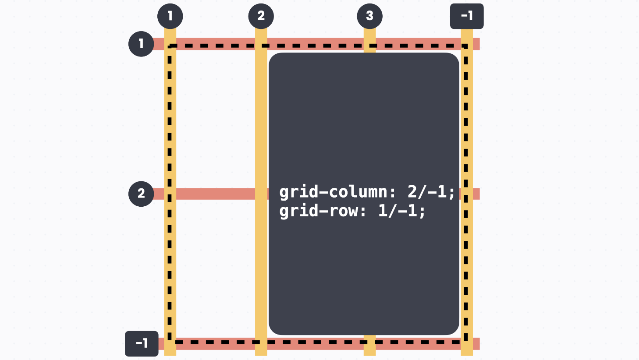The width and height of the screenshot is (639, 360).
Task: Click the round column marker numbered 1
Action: (170, 16)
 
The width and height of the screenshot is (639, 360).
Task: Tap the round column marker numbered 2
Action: (261, 16)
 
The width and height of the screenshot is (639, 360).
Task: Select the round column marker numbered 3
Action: (369, 16)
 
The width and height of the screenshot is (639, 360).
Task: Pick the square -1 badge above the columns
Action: (467, 16)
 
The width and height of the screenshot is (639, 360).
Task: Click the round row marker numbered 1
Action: (141, 44)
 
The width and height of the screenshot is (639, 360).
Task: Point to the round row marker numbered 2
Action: (141, 194)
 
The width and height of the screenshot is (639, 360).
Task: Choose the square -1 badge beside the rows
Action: (142, 343)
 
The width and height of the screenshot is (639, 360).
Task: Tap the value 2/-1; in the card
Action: (431, 192)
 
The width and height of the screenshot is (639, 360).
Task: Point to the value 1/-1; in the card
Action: (401, 211)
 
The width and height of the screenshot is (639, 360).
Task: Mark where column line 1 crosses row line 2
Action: (170, 194)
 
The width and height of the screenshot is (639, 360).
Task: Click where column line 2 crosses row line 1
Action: (261, 44)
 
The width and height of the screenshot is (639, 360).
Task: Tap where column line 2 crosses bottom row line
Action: (261, 343)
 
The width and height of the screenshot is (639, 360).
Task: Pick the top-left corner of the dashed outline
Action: (170, 46)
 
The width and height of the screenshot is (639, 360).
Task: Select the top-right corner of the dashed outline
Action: (466, 46)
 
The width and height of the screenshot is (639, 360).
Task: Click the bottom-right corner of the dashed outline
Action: (466, 342)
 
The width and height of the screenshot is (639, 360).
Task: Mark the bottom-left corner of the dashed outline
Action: (170, 342)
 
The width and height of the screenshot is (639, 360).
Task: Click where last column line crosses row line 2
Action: (467, 194)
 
